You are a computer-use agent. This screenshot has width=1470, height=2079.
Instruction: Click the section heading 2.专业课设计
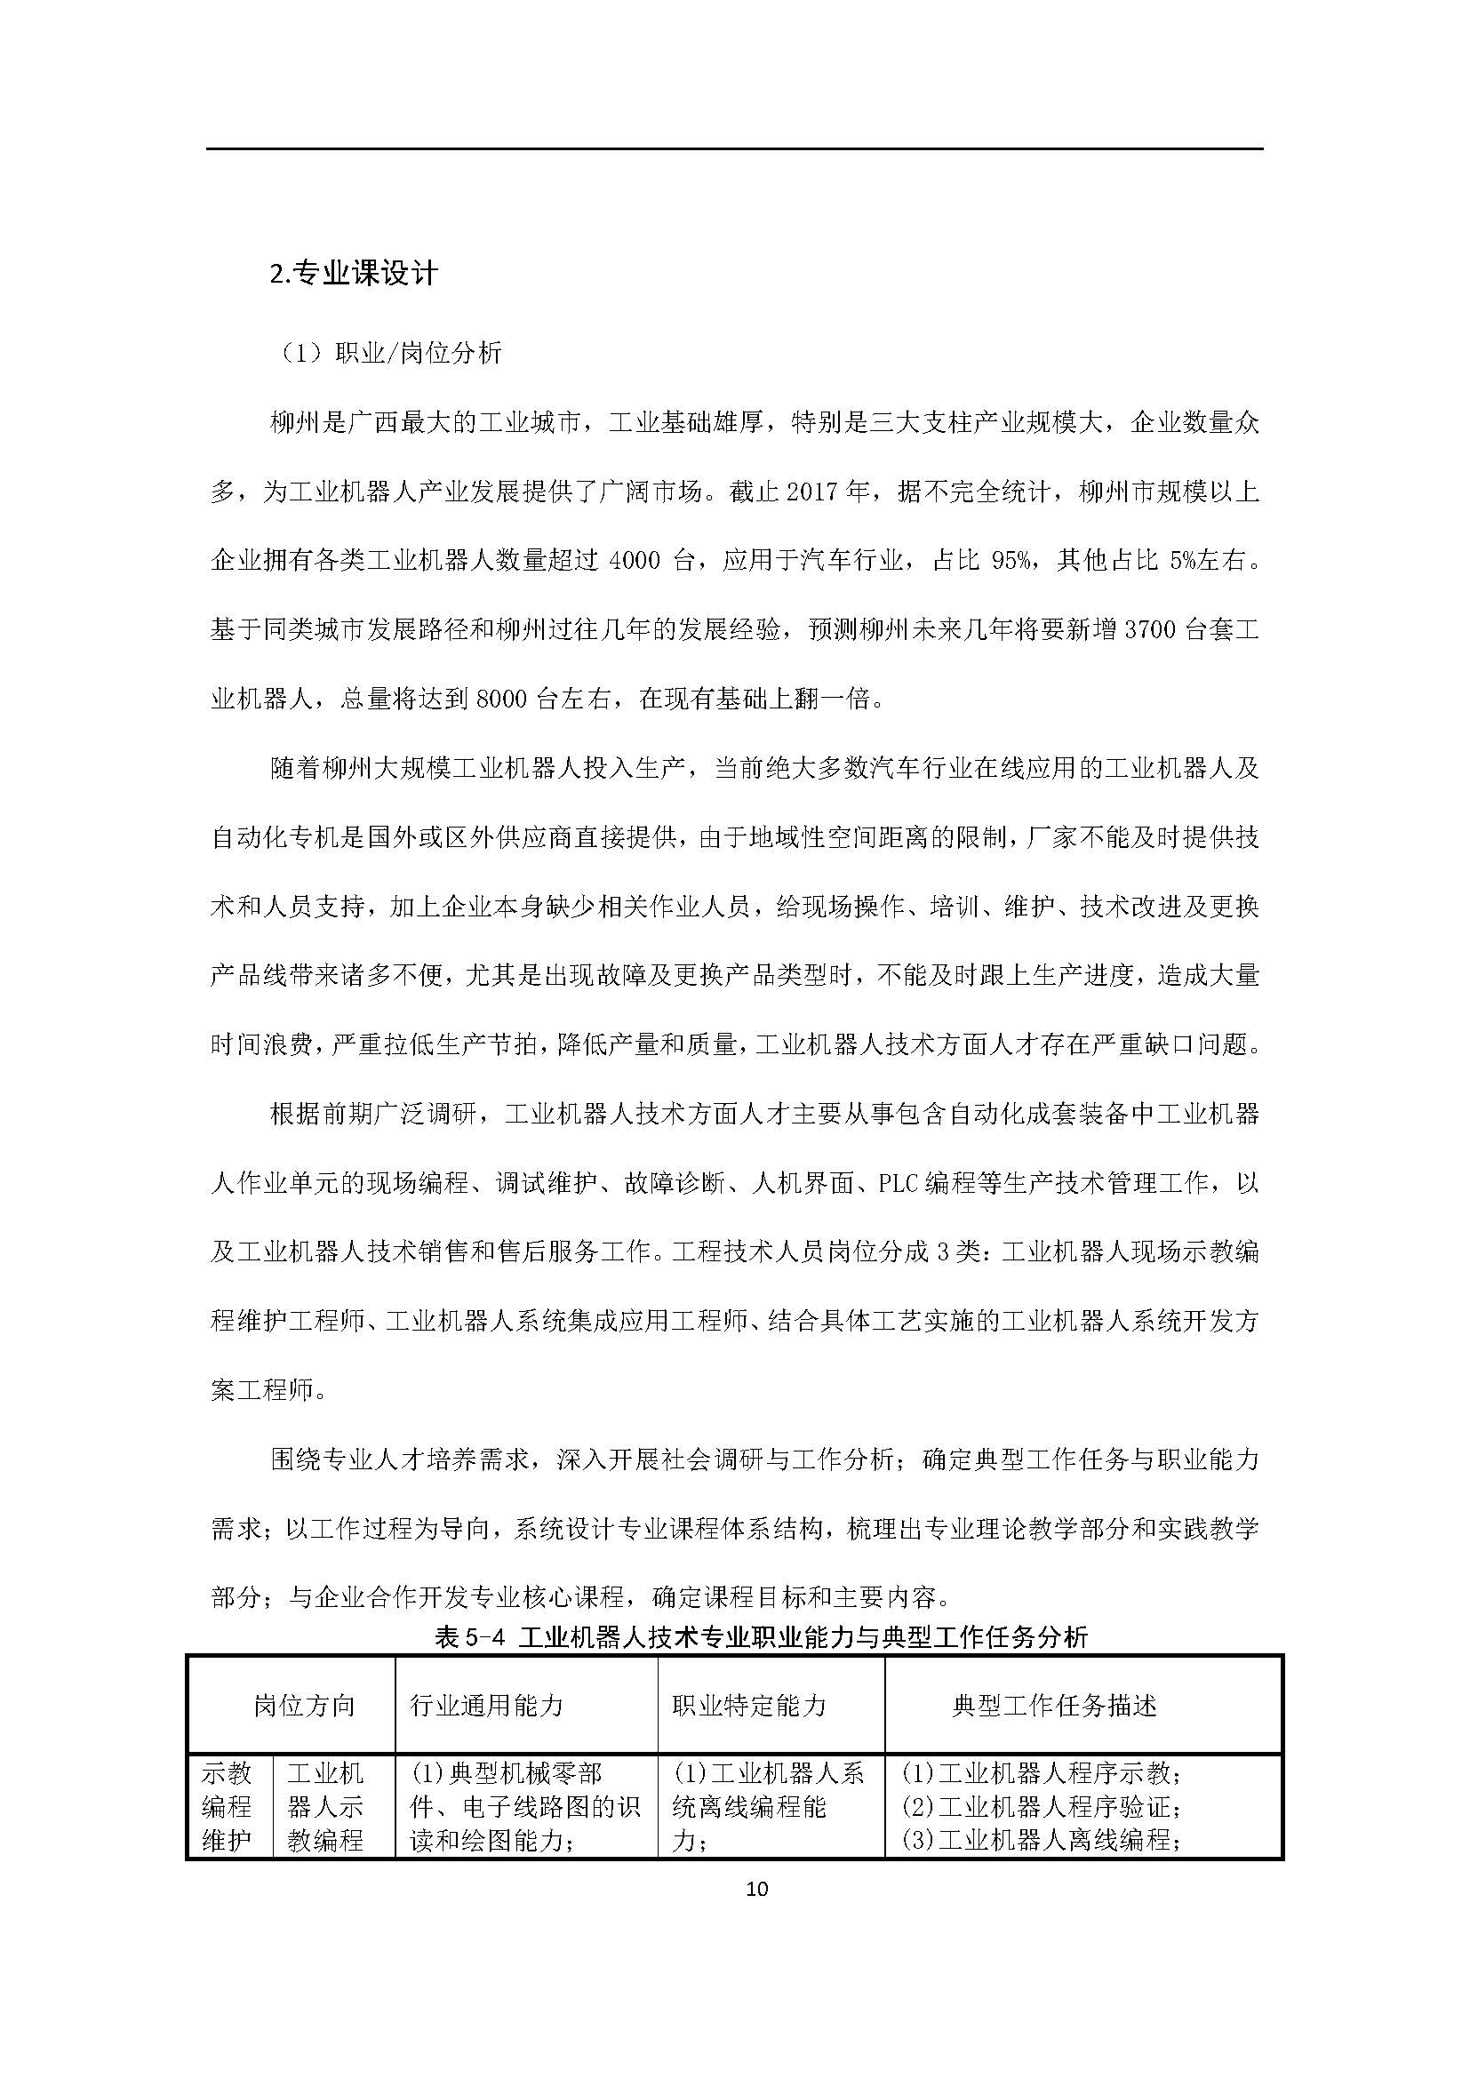(354, 273)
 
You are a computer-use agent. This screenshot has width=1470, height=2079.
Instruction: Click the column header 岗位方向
(303, 1706)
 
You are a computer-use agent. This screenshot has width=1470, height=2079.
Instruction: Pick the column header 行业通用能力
(486, 1706)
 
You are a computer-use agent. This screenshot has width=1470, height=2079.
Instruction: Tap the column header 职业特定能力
(748, 1706)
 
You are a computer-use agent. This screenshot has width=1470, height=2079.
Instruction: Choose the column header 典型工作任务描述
(1054, 1706)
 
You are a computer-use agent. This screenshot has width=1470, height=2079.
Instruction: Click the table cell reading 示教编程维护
(228, 1807)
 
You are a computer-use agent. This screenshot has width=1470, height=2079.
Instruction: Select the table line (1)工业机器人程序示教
(1040, 1775)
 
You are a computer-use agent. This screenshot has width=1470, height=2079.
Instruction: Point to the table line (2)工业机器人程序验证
(1040, 1807)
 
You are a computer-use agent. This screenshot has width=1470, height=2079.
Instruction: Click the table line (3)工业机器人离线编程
(1040, 1840)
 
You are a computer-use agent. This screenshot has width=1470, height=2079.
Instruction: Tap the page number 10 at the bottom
(757, 1889)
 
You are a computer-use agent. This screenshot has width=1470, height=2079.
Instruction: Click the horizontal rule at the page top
(734, 149)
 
